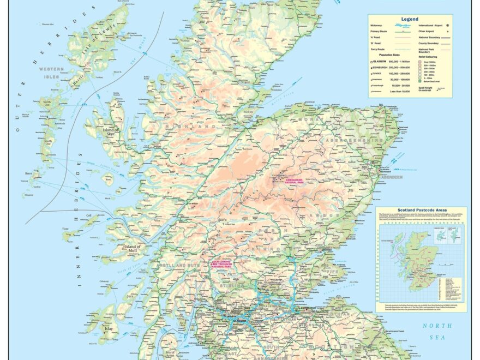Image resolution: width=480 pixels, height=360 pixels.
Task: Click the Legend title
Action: [410, 19]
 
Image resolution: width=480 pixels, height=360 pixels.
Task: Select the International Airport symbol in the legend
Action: [448, 26]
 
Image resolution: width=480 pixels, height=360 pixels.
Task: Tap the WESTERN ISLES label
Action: [51, 73]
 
